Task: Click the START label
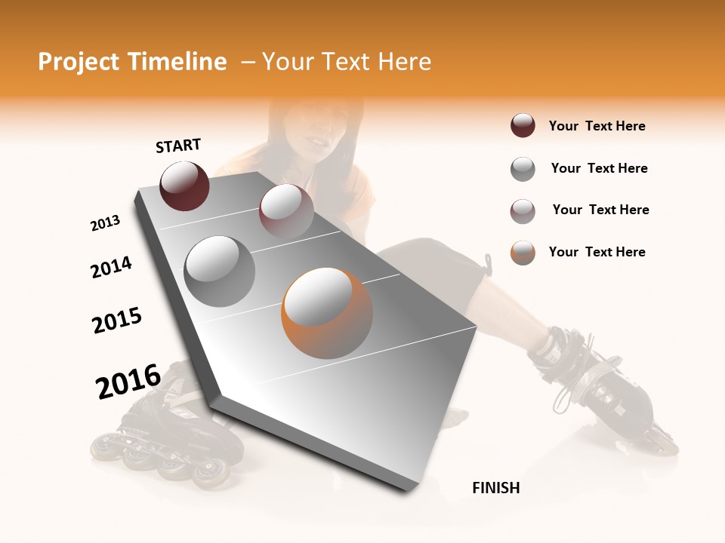point(178,146)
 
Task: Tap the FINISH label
point(495,488)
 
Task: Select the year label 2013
point(105,223)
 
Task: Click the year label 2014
point(111,267)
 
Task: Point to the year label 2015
point(117,321)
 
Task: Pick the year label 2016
point(128,381)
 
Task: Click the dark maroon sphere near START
point(184,186)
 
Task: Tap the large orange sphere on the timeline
point(327,313)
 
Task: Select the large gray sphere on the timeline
point(220,271)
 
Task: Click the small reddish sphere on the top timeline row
point(285,210)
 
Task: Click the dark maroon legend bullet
point(523,126)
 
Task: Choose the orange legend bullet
point(523,253)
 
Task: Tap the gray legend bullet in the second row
point(523,169)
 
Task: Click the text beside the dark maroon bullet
point(597,126)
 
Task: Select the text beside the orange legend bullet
point(597,252)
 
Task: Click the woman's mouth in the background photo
point(320,141)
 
